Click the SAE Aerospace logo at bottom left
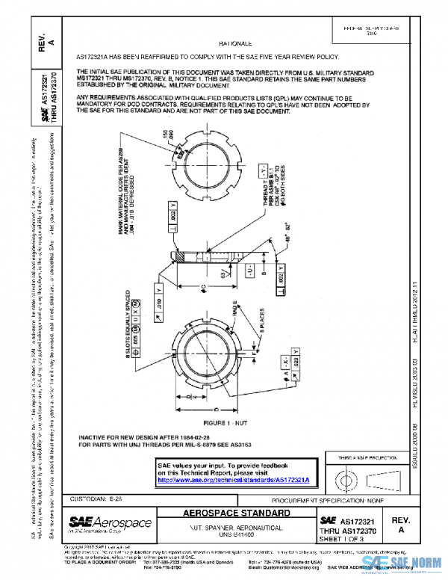point(111,524)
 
